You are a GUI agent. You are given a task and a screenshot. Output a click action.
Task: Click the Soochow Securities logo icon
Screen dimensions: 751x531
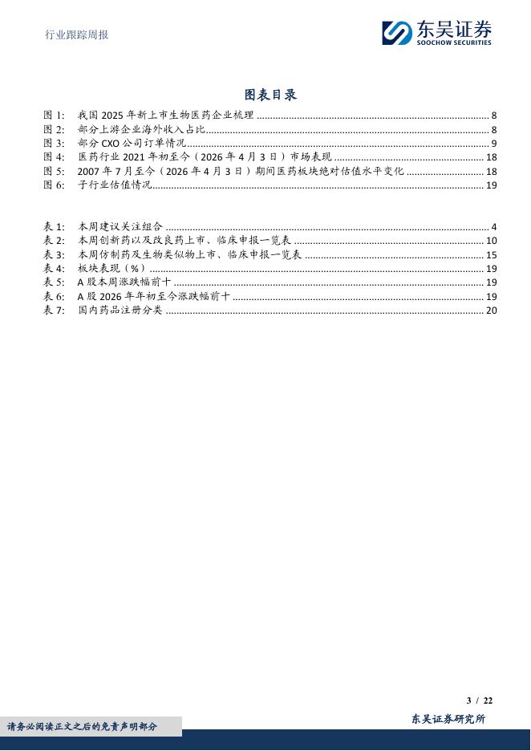click(396, 33)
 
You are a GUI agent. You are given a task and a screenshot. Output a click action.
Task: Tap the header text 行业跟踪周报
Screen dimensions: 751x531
click(76, 35)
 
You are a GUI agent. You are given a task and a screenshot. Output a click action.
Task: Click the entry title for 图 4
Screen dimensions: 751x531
click(205, 157)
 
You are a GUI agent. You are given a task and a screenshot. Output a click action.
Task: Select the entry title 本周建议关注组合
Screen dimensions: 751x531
click(120, 227)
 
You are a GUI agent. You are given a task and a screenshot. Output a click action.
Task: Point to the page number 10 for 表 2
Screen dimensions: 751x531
click(492, 241)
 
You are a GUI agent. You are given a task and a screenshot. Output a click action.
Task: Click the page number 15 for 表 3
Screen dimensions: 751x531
click(492, 255)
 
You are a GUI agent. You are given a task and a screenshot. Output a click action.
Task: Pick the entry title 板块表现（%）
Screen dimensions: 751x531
click(111, 269)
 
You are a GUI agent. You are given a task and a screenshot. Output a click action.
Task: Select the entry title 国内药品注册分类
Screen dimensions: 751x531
click(120, 311)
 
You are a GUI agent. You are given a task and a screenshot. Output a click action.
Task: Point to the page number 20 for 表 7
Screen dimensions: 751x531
click(492, 311)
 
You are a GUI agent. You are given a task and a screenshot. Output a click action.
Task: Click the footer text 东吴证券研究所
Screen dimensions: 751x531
click(448, 719)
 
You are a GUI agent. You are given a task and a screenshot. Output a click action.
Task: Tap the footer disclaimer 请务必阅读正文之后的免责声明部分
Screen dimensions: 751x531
click(83, 726)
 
